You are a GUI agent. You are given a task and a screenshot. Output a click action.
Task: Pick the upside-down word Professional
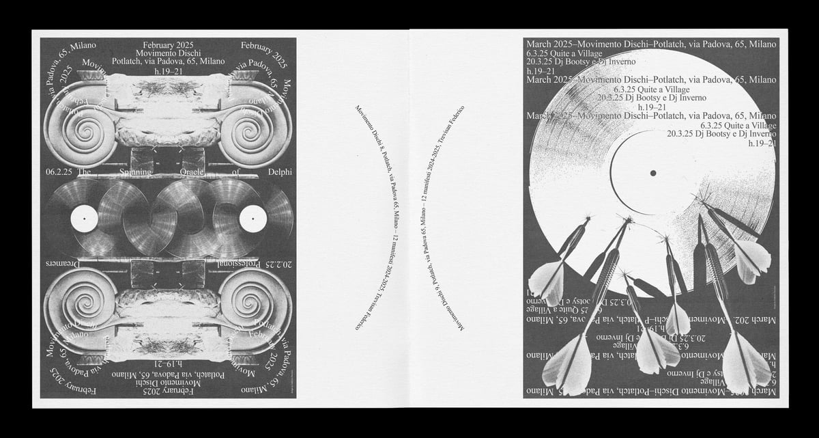(204, 263)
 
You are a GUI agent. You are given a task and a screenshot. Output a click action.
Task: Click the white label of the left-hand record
(84, 218)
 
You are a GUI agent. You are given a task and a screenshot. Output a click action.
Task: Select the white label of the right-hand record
(253, 218)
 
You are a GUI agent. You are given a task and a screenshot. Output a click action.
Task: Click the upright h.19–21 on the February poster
(168, 71)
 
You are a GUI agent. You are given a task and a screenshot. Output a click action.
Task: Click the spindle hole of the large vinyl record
(653, 174)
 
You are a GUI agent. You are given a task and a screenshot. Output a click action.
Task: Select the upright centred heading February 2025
(168, 42)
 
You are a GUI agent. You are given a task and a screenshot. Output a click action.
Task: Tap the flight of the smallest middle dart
(678, 319)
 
